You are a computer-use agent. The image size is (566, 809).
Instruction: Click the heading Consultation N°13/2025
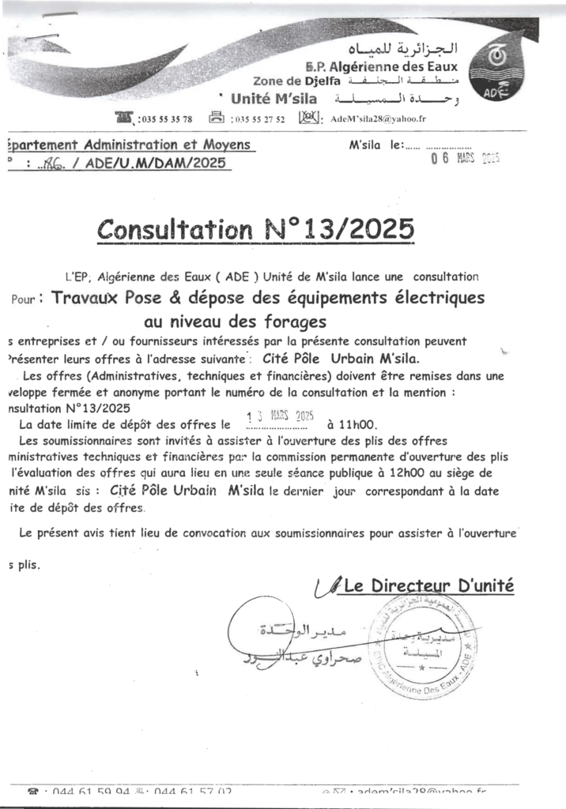point(255,229)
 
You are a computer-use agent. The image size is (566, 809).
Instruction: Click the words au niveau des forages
point(235,322)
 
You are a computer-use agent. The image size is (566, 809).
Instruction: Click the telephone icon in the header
point(124,119)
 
